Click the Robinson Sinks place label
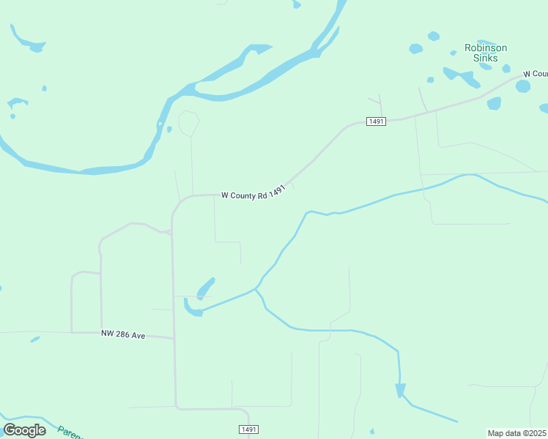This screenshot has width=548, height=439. coord(486,53)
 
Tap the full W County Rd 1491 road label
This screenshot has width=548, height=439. coord(253,194)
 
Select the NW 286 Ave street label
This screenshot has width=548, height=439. coord(123,334)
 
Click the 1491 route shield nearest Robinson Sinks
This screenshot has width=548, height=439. coord(377,121)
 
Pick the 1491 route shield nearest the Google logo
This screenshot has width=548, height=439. coord(249,429)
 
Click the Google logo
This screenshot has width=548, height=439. coord(25,429)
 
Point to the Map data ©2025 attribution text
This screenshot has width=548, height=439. coord(517,433)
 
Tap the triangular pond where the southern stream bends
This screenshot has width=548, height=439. coord(400,390)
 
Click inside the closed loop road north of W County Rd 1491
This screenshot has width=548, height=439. coord(188,122)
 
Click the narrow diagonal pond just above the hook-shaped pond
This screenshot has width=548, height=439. coord(206,287)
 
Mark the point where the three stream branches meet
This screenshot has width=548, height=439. coord(256,290)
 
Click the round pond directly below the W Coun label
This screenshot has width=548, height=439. coord(522,86)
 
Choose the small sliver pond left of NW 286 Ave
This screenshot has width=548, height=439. coord(35,339)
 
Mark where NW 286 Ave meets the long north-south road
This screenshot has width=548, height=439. coord(174,338)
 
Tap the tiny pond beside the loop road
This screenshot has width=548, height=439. coord(169,130)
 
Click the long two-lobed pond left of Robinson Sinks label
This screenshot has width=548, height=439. coord(460,75)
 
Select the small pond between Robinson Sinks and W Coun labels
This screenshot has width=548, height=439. coord(506,68)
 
